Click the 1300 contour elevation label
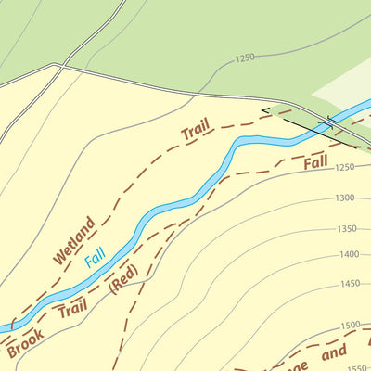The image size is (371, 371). (345, 198)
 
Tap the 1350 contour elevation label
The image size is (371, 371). (347, 228)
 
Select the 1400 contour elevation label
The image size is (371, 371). (349, 254)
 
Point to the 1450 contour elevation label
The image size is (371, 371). (349, 284)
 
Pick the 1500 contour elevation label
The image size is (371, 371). (351, 325)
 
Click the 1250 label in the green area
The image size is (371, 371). (244, 58)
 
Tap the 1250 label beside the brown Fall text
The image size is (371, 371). (345, 168)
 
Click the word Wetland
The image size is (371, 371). (74, 240)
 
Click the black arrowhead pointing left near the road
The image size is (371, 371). (266, 111)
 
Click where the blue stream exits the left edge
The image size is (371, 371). (3, 328)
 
